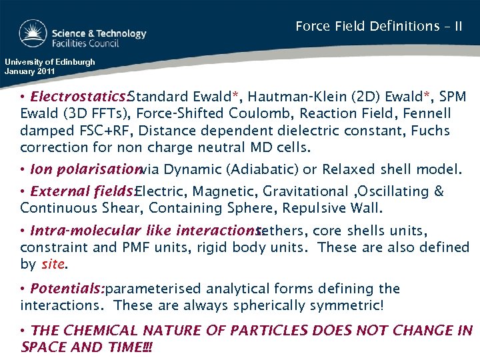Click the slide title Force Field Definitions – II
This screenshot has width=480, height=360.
pyautogui.click(x=379, y=27)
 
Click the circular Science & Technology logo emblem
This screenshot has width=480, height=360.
pyautogui.click(x=33, y=34)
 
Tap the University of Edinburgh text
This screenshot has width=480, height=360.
pyautogui.click(x=50, y=62)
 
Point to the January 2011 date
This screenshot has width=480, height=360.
pyautogui.click(x=31, y=71)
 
